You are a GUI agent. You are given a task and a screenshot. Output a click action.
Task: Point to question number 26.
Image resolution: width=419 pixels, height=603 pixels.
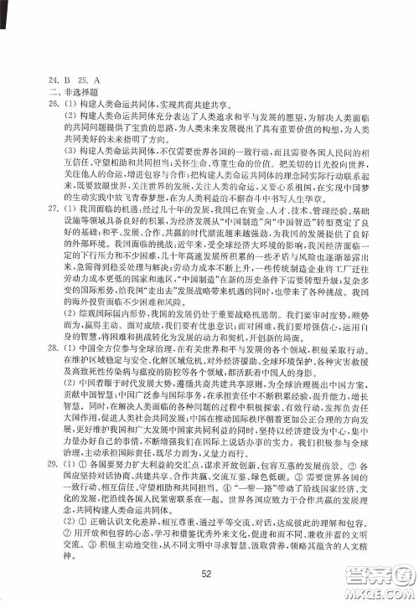pyautogui.click(x=31, y=105)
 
